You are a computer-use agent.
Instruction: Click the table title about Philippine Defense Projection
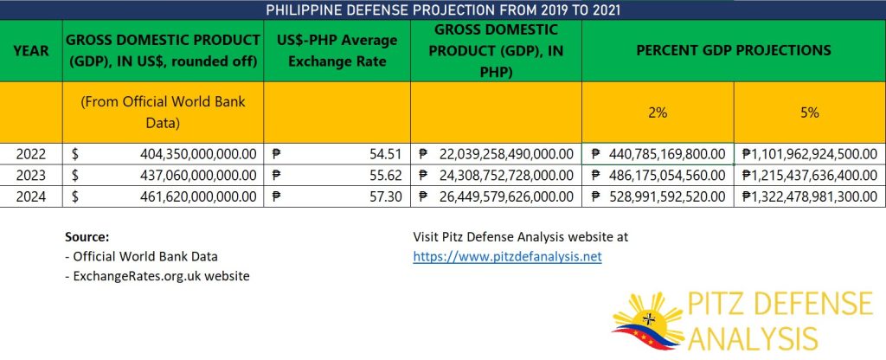442,10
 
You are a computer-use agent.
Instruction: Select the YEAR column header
31,50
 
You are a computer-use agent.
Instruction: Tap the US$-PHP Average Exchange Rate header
337,50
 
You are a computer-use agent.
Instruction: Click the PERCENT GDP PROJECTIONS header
734,50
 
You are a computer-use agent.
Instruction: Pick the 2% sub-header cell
658,112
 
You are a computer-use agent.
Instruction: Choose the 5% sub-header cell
809,112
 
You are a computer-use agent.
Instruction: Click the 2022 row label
31,154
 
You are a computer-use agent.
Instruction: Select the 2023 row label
31,175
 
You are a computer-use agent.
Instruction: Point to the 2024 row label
31,196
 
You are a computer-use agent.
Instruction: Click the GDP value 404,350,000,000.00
198,154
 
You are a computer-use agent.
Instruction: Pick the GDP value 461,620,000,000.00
198,196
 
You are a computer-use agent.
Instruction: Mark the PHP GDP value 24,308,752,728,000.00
506,175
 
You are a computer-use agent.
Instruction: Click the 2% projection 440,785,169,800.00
667,154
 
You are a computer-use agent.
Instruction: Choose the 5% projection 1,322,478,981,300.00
809,196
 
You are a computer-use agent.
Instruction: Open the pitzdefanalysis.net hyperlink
507,256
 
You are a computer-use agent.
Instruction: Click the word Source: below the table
87,237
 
